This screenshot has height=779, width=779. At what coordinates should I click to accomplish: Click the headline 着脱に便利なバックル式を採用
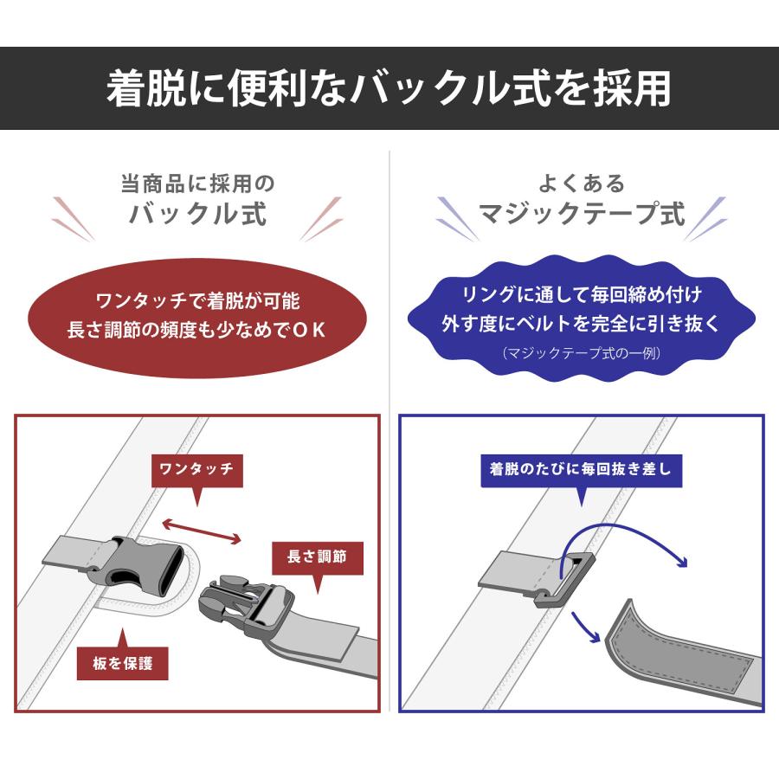389,87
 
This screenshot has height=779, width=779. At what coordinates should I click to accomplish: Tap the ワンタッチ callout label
196,471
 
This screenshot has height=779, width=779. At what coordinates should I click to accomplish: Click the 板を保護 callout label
122,665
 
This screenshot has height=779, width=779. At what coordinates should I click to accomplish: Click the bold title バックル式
197,213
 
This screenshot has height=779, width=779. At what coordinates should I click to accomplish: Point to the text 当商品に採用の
197,183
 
